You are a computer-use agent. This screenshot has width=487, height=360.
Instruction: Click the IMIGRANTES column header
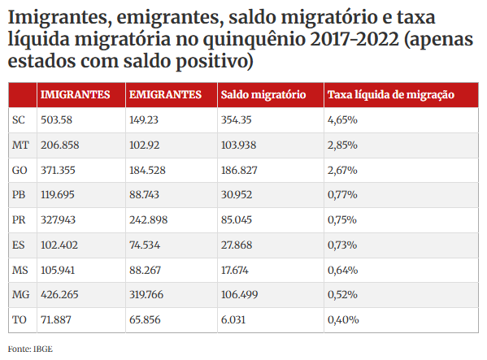coord(75,94)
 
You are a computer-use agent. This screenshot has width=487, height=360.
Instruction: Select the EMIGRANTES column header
coord(165,94)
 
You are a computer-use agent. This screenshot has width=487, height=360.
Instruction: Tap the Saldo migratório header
coord(263,94)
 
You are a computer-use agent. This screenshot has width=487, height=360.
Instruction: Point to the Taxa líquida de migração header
coord(391,94)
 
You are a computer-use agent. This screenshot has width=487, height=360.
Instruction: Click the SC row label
coord(19,119)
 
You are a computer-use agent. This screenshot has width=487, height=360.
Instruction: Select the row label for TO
coord(20,319)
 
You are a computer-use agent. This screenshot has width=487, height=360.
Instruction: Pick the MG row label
coord(21,294)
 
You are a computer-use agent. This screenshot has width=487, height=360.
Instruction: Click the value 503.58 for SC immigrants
coord(56,119)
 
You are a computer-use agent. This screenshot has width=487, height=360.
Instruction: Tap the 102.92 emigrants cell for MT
coord(144,145)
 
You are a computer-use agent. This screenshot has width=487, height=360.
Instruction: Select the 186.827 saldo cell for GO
coord(239,170)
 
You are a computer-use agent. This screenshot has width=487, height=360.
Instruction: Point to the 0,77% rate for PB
coord(342,195)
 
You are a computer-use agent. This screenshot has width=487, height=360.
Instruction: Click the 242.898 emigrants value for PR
coord(149,220)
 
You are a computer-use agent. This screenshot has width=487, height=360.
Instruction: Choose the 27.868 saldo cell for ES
coord(237,245)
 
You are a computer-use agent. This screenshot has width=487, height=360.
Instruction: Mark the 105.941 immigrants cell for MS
coord(58,271)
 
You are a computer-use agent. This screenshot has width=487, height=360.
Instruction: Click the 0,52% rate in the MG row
coord(342,294)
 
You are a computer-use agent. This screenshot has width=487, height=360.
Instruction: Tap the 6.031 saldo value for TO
coord(233,319)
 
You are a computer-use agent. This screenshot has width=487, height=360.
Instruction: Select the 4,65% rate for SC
coord(342,119)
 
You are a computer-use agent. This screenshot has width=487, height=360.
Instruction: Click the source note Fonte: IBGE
coord(30,349)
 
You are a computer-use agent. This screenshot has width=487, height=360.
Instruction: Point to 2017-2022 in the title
coord(354,40)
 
